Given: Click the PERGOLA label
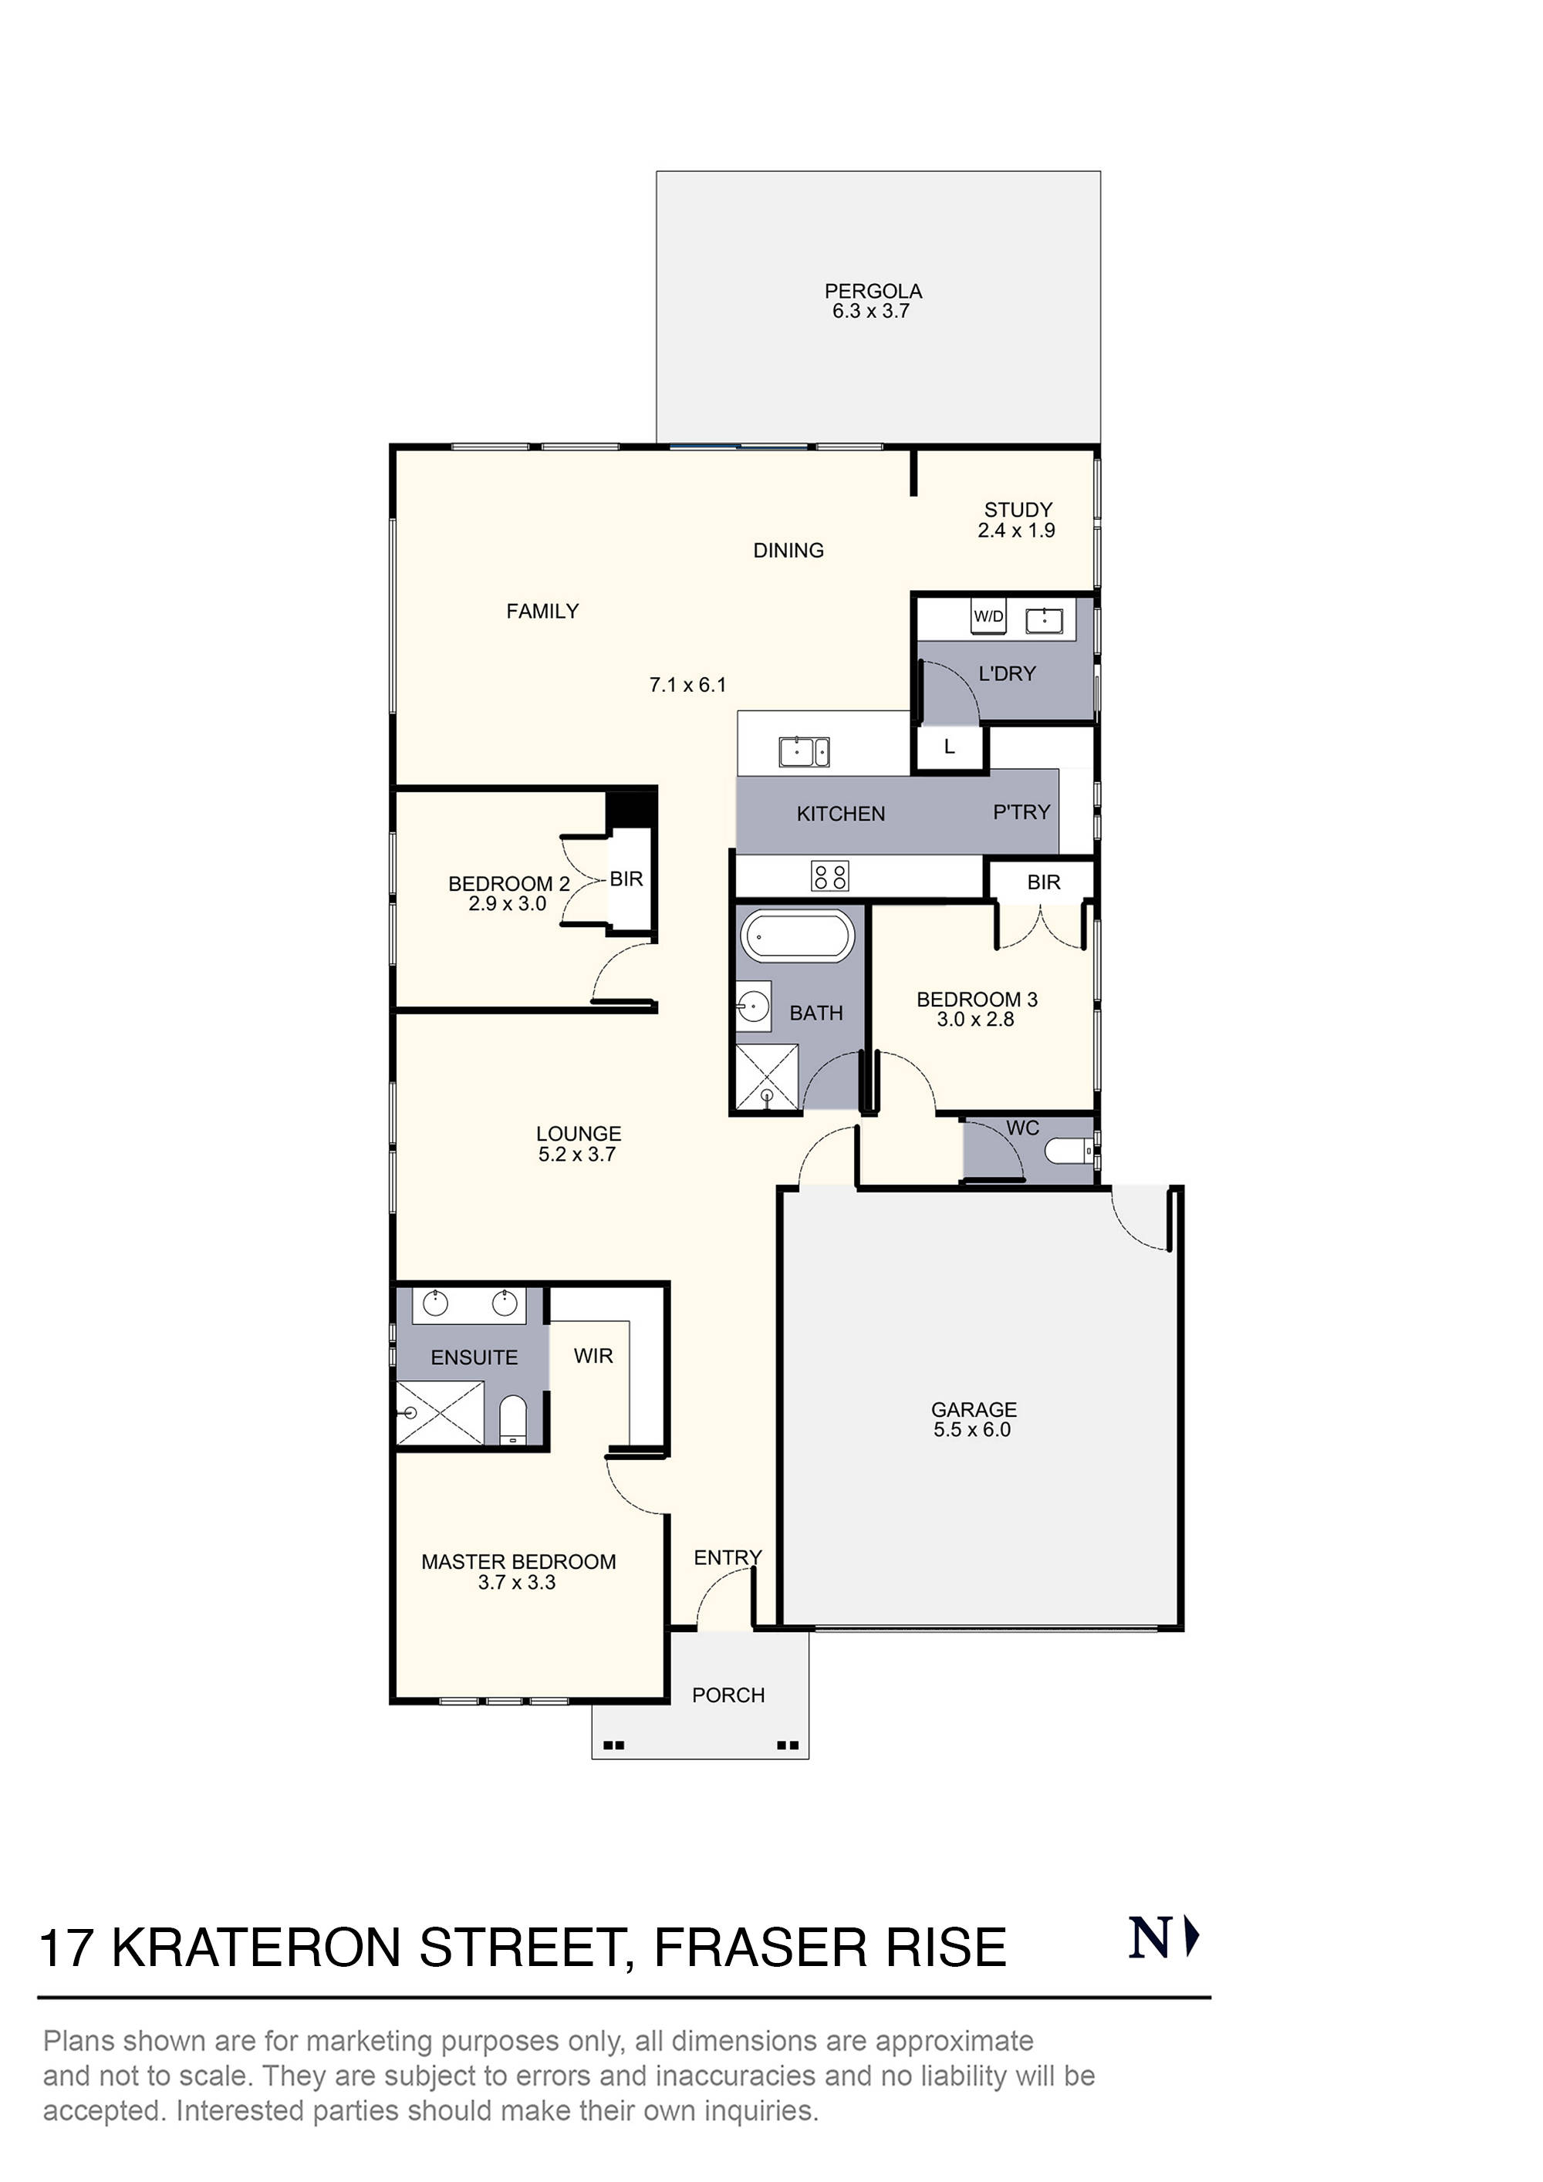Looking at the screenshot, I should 873,291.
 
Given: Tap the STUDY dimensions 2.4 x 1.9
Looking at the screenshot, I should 1016,531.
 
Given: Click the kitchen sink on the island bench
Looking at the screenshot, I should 803,752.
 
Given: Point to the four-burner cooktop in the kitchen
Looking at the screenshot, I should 829,875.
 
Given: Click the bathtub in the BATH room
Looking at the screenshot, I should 798,936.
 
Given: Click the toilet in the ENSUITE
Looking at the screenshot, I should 512,1420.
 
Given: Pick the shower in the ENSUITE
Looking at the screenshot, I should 439,1413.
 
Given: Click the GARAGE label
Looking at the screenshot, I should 974,1409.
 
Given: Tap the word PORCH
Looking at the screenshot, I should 728,1695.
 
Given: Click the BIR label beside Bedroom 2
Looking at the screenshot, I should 626,879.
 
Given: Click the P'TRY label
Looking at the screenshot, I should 1021,811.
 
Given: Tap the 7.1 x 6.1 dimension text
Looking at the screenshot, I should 687,684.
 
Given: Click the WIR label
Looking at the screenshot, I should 593,1356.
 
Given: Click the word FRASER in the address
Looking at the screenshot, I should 760,1948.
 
